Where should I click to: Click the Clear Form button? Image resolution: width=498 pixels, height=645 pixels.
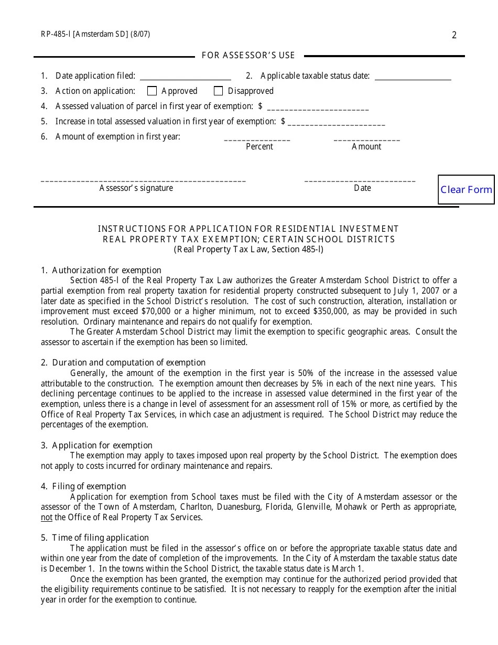[466, 189]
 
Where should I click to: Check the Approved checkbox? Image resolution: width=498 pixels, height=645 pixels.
[152, 91]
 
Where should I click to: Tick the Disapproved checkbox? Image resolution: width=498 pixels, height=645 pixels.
[219, 91]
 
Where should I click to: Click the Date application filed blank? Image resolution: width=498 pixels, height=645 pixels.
[185, 76]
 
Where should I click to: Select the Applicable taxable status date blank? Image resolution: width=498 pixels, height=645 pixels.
[413, 76]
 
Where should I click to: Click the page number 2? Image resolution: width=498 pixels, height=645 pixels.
[454, 35]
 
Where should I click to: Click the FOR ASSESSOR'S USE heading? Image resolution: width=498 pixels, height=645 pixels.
[248, 55]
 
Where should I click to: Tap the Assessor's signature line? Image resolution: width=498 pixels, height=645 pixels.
[143, 180]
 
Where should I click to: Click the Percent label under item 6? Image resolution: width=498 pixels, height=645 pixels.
[259, 147]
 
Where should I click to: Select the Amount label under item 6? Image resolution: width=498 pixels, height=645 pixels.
[366, 147]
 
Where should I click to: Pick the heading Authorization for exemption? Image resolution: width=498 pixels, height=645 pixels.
[106, 271]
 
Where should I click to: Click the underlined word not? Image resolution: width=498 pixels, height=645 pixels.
[47, 517]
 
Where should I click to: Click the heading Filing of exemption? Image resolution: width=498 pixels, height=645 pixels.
[89, 486]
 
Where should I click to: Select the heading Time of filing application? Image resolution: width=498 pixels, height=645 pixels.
[100, 537]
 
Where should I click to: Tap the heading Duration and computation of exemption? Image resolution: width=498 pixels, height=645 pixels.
[128, 362]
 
